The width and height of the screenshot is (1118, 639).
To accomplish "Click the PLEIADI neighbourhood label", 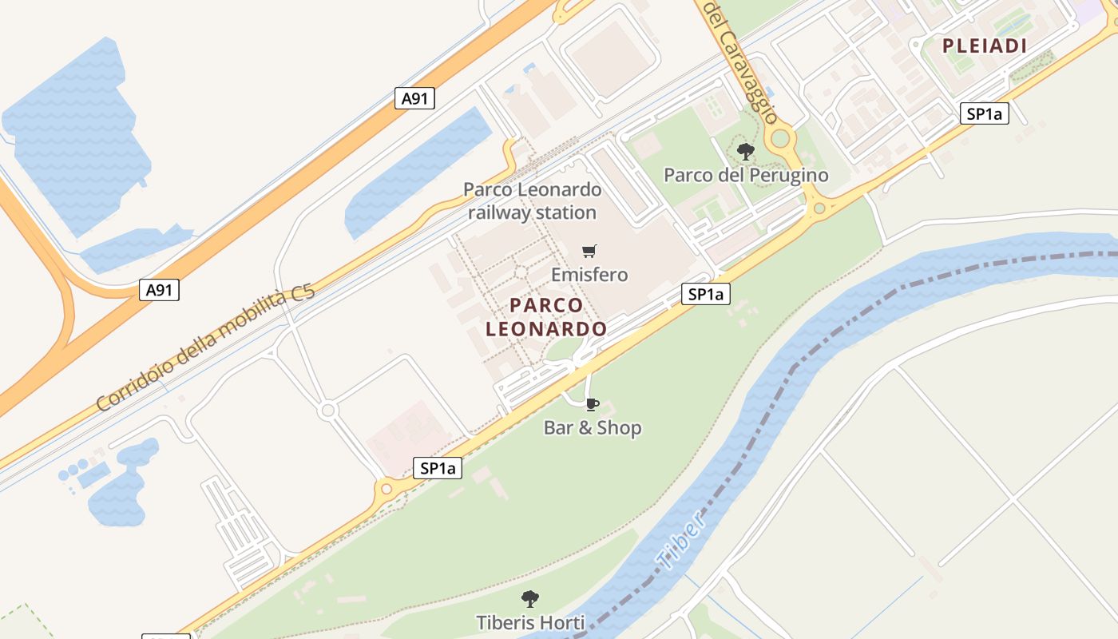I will click(x=985, y=46).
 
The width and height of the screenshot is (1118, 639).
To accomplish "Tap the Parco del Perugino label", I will click(x=746, y=175).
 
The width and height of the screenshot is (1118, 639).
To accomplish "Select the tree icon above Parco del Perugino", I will click(x=746, y=150).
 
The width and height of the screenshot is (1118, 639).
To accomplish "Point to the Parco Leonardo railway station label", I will click(x=532, y=201).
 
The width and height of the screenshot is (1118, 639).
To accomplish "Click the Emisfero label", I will click(x=589, y=275).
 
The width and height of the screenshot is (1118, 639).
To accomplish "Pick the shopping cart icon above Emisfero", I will click(x=589, y=252).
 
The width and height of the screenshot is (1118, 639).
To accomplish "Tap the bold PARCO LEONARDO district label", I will click(x=546, y=317).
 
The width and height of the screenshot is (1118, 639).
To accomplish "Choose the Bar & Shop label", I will click(x=593, y=428).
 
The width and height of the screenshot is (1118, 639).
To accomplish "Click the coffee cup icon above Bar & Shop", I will click(x=592, y=404).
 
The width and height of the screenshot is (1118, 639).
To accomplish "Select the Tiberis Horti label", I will click(x=530, y=622).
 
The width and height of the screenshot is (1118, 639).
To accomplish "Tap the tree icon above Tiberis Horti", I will click(x=529, y=598).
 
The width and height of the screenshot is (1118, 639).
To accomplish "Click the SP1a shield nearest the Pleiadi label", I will click(x=984, y=113).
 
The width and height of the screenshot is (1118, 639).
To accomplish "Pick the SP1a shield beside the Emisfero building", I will click(x=706, y=295).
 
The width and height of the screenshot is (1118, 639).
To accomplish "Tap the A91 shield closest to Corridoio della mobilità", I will click(x=159, y=290).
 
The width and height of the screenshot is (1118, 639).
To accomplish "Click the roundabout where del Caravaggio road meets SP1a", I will click(x=819, y=209).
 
